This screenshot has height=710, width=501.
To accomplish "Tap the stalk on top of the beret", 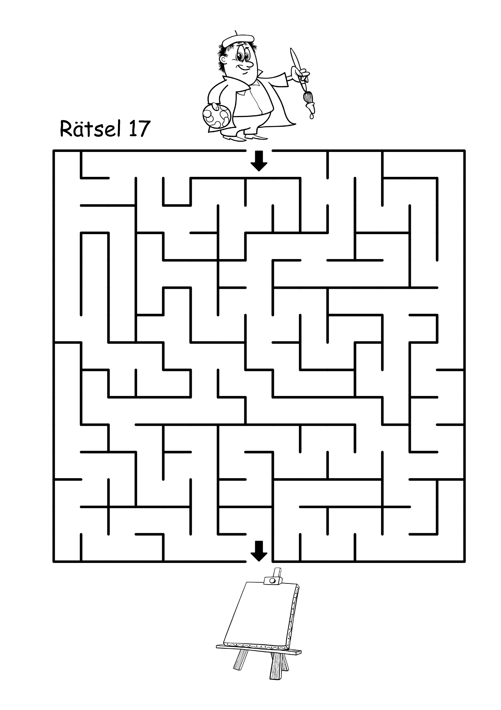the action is tap(236, 33).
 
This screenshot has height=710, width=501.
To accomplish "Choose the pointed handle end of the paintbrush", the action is tap(291, 53).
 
